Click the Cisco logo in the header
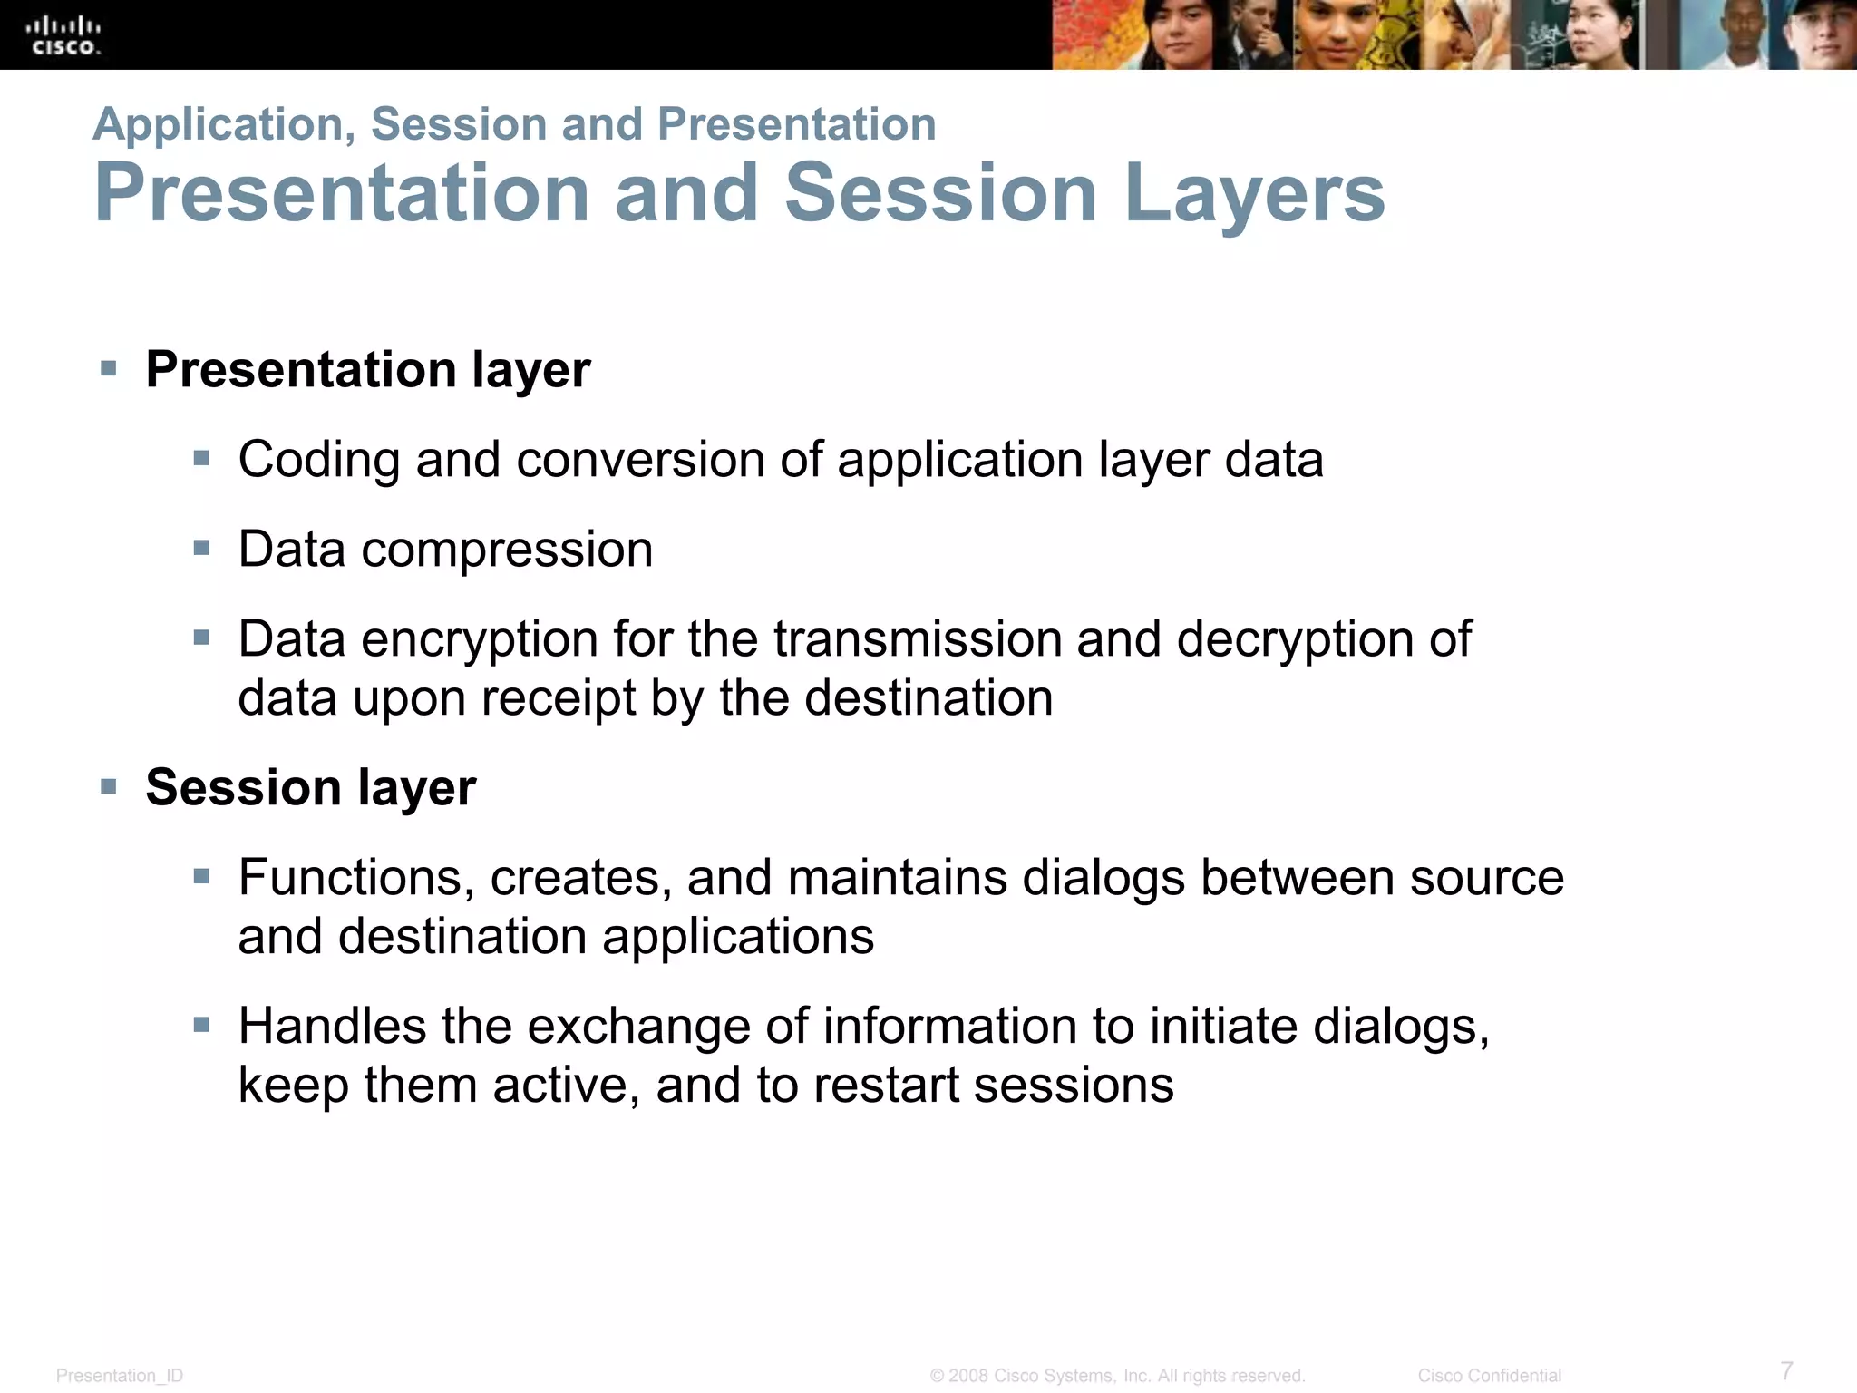63,35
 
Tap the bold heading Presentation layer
367,370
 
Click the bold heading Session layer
310,787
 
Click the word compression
507,550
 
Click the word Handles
332,1027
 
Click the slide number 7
1786,1369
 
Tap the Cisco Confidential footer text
1489,1376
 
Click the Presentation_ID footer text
120,1376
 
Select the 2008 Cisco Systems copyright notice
1117,1376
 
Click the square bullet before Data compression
201,548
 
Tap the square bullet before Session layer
109,785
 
